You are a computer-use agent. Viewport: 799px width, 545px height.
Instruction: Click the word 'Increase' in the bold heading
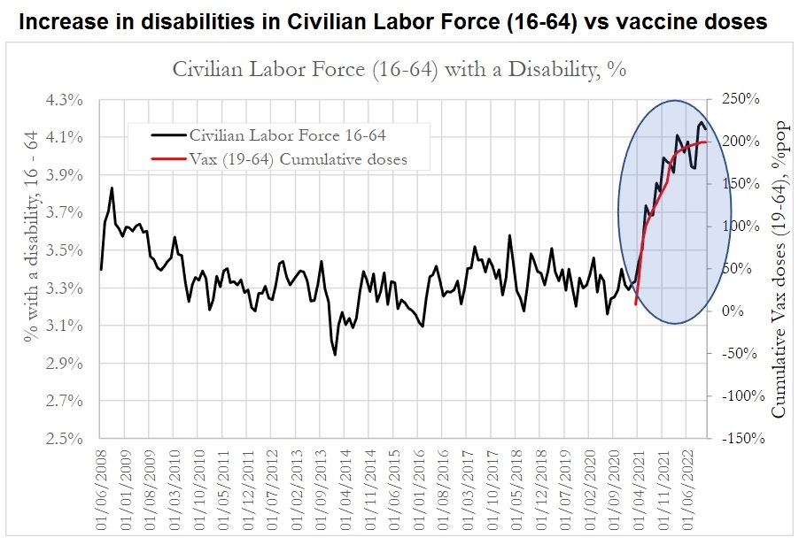click(x=59, y=21)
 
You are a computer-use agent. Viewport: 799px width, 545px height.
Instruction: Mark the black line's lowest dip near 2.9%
click(x=335, y=354)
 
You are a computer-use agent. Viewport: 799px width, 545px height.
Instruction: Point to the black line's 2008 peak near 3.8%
click(x=112, y=188)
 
